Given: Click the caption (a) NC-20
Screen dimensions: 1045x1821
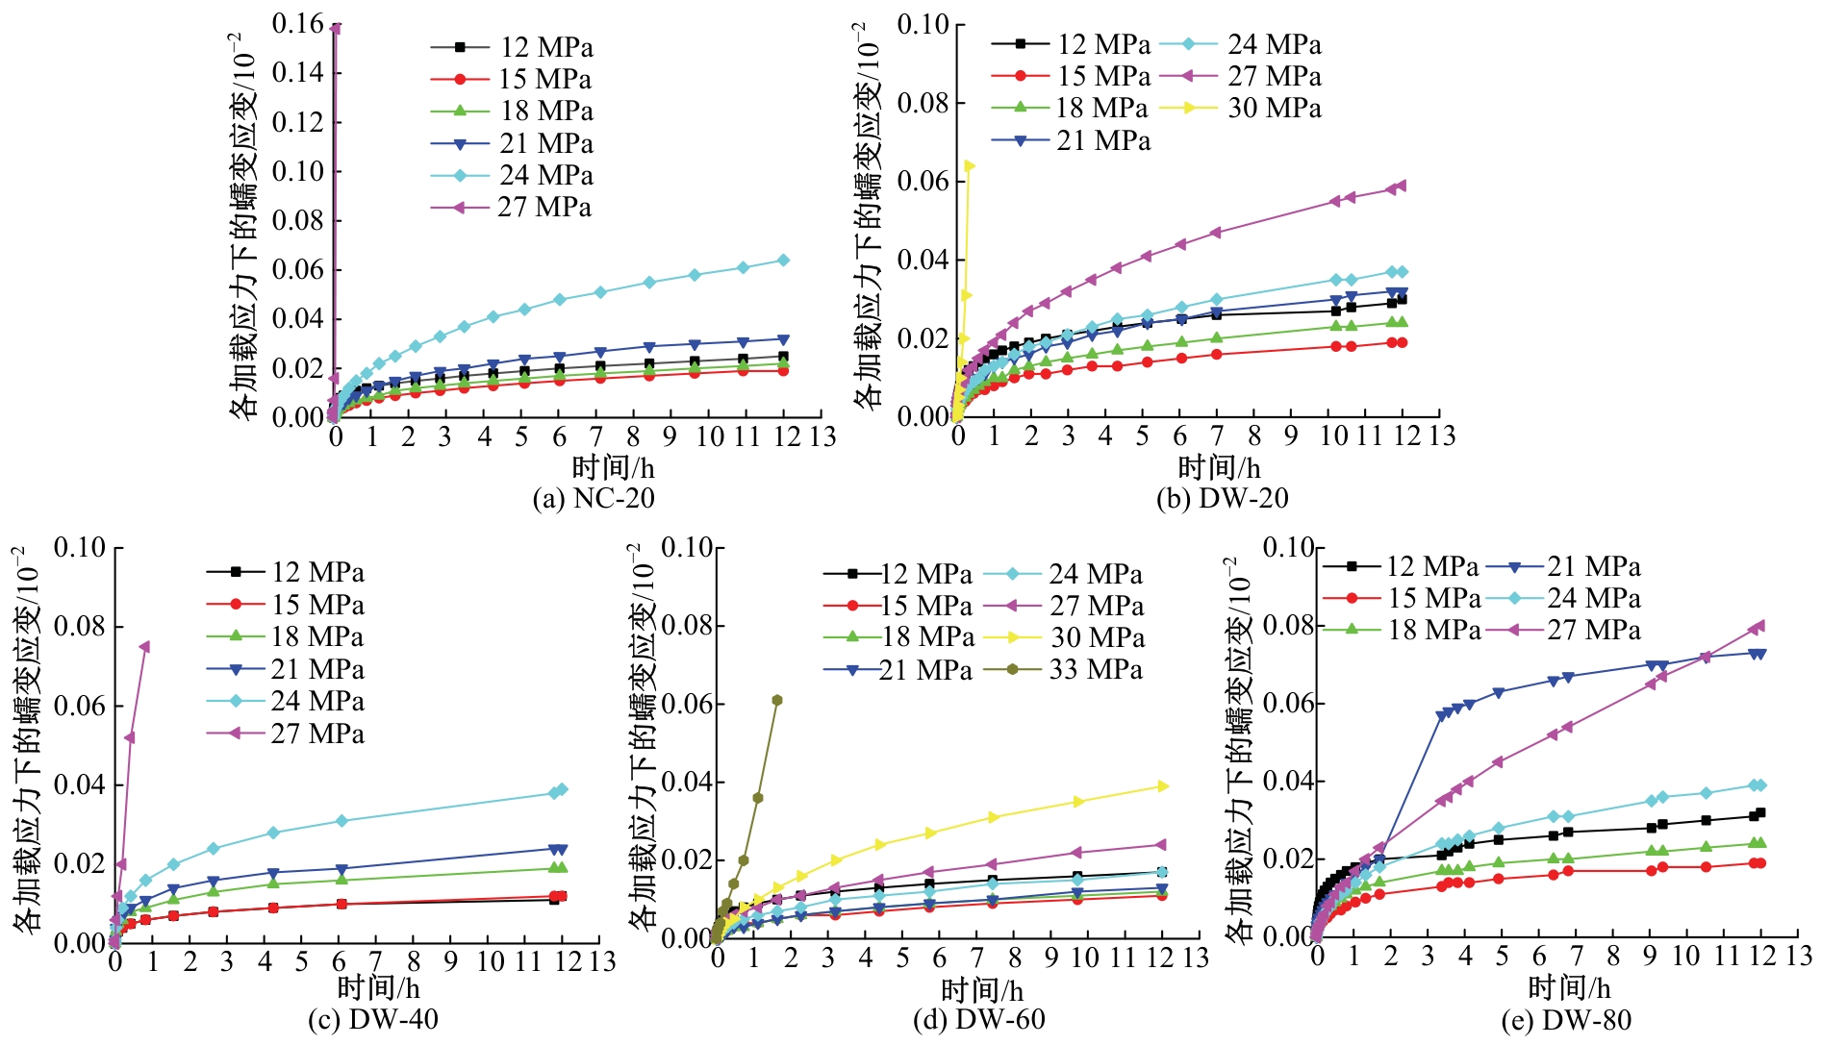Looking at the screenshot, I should coord(594,498).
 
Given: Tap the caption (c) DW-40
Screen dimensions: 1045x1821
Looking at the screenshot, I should coord(373,1019).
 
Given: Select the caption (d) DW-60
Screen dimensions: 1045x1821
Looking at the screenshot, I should coord(978,1019).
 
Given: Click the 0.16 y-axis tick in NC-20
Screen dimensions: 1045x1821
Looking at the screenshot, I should coord(297,24).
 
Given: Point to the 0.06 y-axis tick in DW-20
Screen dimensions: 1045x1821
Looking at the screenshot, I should coord(923,181).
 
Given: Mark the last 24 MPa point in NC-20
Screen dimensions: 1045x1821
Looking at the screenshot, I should coord(783,260).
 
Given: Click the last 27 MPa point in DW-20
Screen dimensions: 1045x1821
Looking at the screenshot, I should coord(1402,186).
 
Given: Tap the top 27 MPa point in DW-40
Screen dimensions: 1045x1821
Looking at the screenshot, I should coord(144,646).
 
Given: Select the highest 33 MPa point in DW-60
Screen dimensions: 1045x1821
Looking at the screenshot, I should coord(777,700).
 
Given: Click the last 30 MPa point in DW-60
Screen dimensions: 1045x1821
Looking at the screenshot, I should coord(1163,786).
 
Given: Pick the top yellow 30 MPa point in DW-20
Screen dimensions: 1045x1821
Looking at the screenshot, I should coord(970,166).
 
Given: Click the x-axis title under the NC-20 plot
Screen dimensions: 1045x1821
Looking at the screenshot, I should coord(613,468).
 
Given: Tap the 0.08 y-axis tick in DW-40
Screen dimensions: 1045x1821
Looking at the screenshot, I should coord(79,627).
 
